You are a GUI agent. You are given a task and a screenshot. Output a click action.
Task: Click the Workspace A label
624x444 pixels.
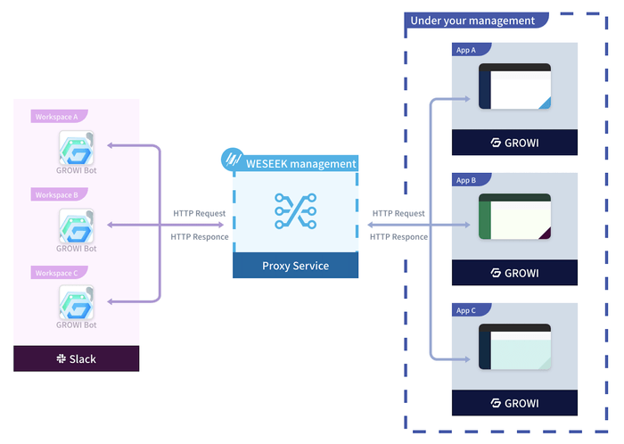55,116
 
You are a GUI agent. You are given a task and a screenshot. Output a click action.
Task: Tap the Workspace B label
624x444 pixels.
55,194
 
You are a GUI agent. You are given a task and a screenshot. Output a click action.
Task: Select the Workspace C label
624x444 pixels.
55,272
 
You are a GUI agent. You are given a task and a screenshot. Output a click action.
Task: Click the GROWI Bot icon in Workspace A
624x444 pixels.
77,148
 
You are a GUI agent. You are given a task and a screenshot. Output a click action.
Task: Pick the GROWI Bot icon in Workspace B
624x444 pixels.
77,226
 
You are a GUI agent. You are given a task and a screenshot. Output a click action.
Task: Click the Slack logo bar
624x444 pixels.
77,358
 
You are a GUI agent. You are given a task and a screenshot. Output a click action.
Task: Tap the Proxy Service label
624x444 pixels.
295,266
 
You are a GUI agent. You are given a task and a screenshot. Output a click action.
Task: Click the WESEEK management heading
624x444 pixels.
302,164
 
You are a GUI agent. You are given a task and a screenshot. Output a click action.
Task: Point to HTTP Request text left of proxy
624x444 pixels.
199,213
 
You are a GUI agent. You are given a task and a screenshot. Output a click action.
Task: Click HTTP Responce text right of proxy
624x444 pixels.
398,236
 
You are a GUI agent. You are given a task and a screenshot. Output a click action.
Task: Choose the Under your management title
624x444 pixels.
472,21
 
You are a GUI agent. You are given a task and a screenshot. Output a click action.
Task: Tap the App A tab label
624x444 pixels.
466,50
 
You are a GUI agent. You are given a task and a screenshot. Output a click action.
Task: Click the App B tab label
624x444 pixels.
466,180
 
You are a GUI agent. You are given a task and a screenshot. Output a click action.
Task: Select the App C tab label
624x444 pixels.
466,310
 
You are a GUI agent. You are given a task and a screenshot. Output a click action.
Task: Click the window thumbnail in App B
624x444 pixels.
514,217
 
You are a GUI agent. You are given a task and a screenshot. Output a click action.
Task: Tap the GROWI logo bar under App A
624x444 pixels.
514,143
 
